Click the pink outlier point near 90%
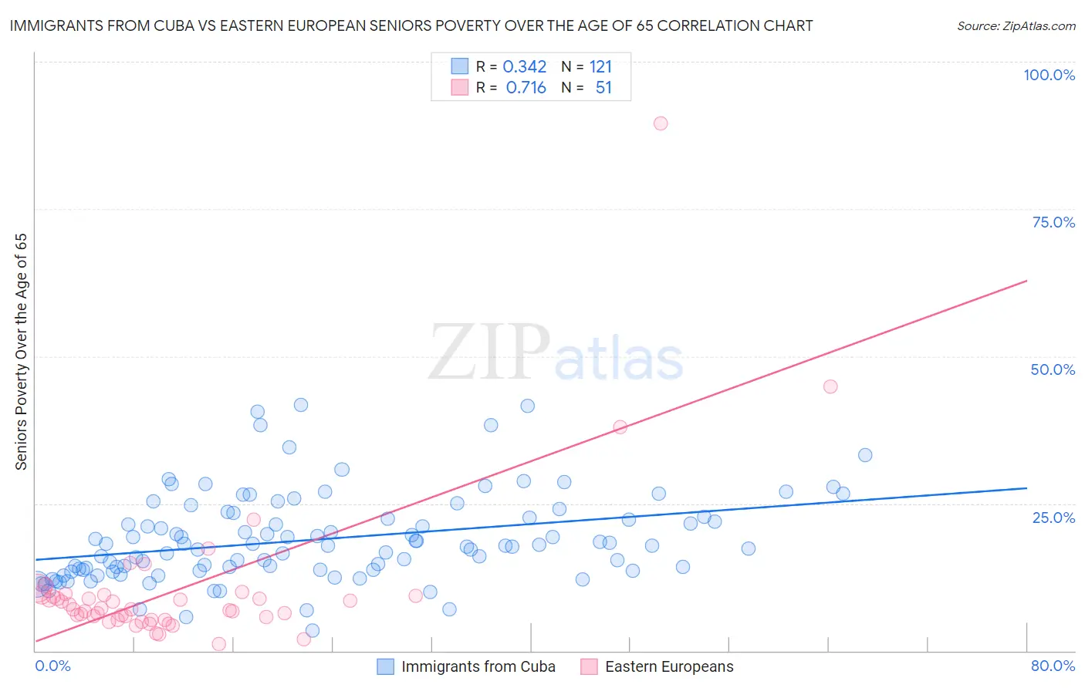click(661, 123)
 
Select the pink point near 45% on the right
click(830, 386)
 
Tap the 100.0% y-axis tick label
click(1049, 75)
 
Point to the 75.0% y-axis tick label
click(1053, 222)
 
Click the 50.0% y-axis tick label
click(1053, 369)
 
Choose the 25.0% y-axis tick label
click(1053, 517)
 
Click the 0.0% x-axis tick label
click(52, 666)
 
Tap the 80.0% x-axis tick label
click(1053, 666)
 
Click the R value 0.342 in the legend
click(525, 67)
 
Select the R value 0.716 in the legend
click(526, 88)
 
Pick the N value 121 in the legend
click(600, 67)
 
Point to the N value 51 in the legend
click(603, 88)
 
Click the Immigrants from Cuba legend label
click(478, 666)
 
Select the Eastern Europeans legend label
click(669, 666)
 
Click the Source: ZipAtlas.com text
click(1016, 26)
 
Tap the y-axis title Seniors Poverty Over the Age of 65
click(22, 352)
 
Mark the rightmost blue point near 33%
click(865, 455)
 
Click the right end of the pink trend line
click(1026, 281)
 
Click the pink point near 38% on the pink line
click(620, 427)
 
